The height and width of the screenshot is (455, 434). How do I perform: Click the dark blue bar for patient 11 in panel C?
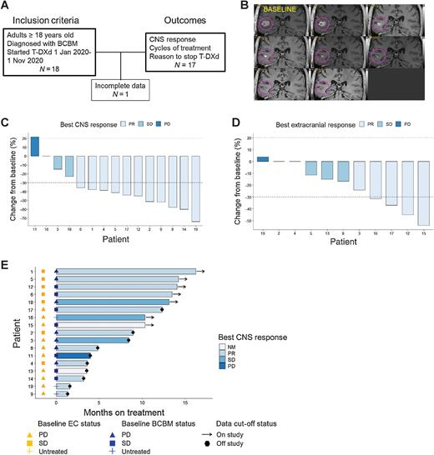pyautogui.click(x=34, y=145)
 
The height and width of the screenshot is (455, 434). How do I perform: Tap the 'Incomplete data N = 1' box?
pyautogui.click(x=118, y=86)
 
